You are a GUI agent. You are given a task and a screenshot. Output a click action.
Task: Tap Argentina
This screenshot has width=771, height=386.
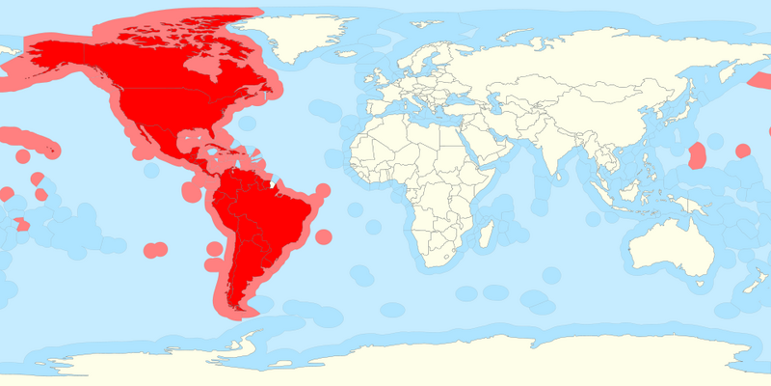(x=245, y=265)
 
